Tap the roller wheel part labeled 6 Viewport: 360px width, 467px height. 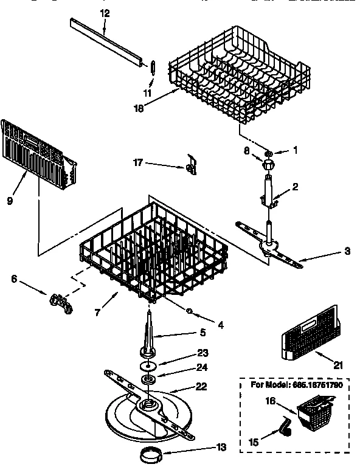point(60,301)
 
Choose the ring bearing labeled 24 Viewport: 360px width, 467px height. point(147,381)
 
